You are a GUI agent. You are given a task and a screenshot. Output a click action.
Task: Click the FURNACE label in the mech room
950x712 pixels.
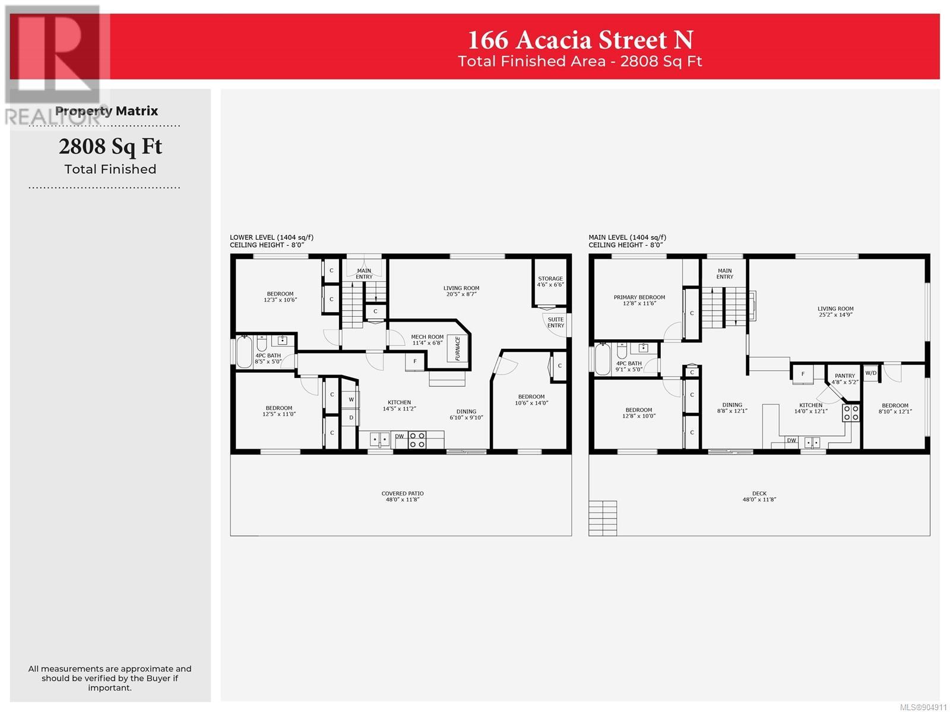457,348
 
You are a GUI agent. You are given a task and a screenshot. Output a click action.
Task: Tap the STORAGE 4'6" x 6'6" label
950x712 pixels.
550,281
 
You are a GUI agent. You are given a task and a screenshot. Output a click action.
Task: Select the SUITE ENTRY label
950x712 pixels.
556,323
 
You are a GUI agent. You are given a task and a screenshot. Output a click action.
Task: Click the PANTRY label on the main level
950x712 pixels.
845,376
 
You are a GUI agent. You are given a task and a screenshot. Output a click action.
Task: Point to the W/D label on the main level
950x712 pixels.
871,373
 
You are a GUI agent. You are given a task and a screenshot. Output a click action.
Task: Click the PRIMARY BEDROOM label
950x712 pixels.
639,297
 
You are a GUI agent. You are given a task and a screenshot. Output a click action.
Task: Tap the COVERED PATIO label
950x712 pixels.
403,493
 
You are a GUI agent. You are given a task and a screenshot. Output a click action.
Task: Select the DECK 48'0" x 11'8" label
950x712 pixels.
759,496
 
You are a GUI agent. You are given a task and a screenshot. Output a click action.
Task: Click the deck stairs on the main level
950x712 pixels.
603,519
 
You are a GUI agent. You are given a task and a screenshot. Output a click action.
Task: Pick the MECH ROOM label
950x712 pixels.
427,337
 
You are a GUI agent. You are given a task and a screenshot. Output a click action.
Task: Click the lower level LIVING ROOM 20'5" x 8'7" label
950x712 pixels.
461,291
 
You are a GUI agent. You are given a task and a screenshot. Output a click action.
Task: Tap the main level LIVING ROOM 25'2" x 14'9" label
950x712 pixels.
835,311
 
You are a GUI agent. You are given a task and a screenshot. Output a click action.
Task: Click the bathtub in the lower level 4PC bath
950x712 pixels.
244,352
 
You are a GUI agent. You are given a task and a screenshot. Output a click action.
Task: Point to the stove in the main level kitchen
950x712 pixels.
850,412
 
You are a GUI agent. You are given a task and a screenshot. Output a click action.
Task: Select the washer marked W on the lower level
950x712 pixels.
351,399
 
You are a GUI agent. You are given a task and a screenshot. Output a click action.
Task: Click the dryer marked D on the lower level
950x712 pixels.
351,418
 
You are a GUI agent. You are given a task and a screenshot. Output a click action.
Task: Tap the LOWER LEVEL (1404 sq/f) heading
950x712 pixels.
271,237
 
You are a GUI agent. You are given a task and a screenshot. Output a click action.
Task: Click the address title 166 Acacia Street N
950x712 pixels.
580,40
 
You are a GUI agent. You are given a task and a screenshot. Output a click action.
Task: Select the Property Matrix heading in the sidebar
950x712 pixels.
106,111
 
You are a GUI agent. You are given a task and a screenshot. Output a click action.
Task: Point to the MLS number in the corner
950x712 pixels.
923,707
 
